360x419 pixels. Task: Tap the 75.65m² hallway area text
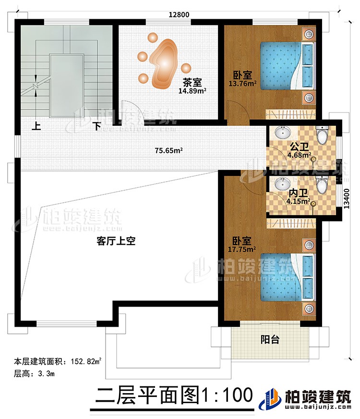[165, 150]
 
